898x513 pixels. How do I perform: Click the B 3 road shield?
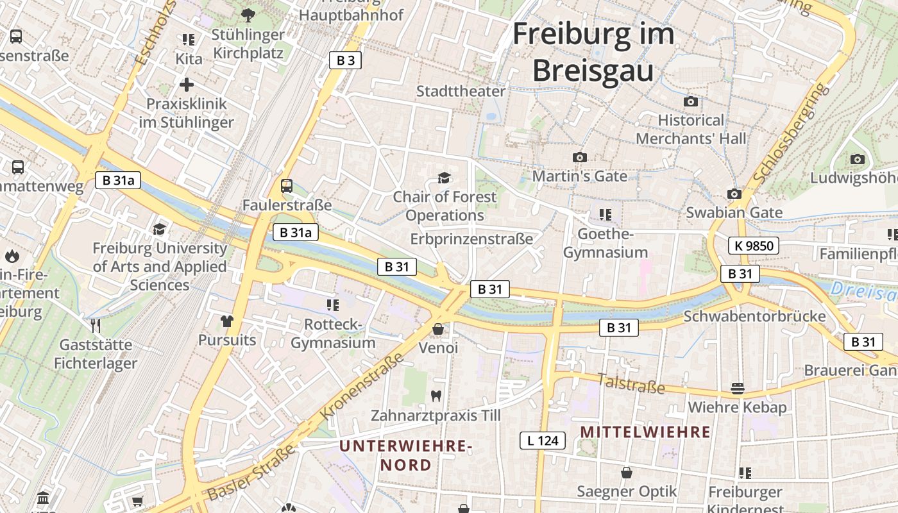[345, 60]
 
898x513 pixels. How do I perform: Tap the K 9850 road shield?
[754, 245]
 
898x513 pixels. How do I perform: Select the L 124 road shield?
[542, 441]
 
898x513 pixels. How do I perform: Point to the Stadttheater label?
[461, 91]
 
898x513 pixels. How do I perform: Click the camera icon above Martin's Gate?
[579, 157]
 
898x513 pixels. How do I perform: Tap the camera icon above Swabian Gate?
[734, 194]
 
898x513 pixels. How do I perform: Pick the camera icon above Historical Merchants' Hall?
[691, 101]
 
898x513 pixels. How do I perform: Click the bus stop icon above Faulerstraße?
[287, 186]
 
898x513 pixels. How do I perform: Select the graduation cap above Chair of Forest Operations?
[444, 178]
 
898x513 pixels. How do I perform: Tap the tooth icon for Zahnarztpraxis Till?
[436, 396]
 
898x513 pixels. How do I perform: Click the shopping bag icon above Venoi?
[438, 329]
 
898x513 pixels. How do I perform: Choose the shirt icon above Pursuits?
[226, 321]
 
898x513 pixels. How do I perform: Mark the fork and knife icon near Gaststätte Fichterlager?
[96, 325]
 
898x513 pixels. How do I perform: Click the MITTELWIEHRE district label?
[645, 432]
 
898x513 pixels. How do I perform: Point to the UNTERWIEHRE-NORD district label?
[405, 455]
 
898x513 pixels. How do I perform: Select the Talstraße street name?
[631, 383]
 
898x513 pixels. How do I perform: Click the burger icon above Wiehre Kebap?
[737, 389]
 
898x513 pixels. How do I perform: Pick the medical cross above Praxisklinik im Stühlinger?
[186, 85]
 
